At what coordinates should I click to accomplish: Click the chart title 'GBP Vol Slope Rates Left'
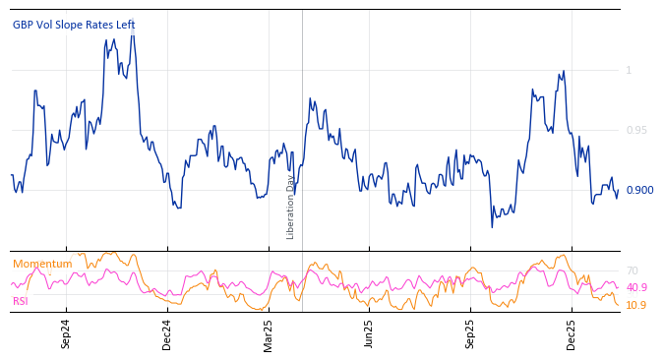74,25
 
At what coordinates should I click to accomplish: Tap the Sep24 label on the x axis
66,334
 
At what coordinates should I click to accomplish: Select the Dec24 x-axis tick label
167,334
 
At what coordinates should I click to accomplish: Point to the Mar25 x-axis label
269,334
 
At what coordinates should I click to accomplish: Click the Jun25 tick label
370,334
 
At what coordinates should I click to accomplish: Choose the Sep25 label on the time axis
470,334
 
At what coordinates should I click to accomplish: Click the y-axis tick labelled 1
629,70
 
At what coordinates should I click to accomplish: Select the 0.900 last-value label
639,190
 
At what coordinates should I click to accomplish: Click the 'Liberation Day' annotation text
291,207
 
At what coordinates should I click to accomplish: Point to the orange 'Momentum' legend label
42,264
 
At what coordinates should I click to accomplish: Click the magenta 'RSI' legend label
21,301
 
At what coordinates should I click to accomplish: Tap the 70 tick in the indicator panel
633,270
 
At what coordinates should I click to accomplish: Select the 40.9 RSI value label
636,287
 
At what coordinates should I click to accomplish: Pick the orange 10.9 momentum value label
636,305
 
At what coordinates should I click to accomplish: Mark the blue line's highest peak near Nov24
133,24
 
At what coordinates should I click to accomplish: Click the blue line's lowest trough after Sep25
493,227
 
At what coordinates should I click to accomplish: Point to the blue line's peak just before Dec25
564,71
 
